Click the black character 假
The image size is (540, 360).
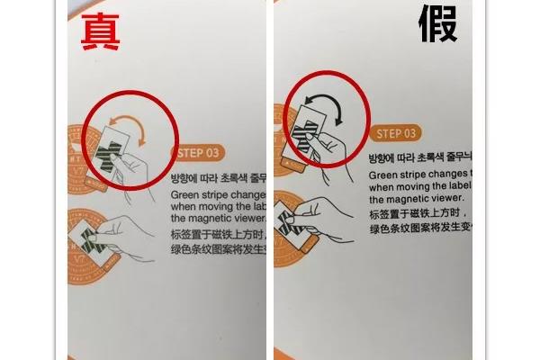pyautogui.click(x=437, y=25)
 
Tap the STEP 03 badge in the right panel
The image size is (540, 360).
pyautogui.click(x=394, y=133)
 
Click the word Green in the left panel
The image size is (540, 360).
pyautogui.click(x=185, y=193)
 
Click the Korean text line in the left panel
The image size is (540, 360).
pyautogui.click(x=217, y=177)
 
